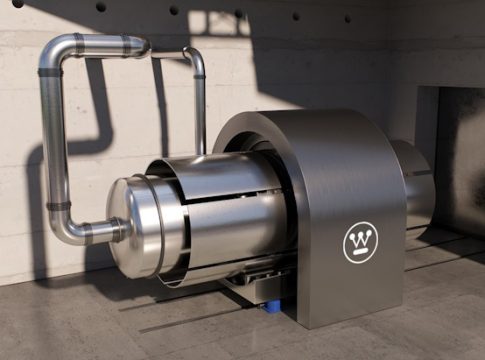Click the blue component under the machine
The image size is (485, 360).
pos(272,306)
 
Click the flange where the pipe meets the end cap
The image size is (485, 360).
pos(117,229)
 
